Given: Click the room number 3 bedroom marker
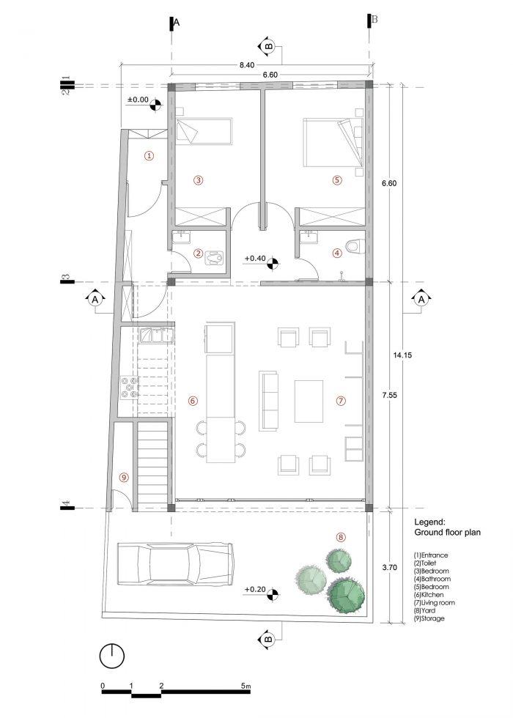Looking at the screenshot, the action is pyautogui.click(x=199, y=180).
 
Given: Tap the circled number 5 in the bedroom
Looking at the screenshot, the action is pyautogui.click(x=337, y=180).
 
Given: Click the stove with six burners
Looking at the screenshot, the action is pyautogui.click(x=129, y=387).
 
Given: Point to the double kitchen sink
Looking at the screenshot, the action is pyautogui.click(x=156, y=336).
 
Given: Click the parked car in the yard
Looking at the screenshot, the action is pyautogui.click(x=176, y=563).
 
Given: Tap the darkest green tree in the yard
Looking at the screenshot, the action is pyautogui.click(x=346, y=595).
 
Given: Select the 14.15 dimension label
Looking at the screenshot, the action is pyautogui.click(x=402, y=355).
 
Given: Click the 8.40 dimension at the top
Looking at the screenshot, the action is pyautogui.click(x=246, y=65).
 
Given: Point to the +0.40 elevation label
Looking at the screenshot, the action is pyautogui.click(x=255, y=258).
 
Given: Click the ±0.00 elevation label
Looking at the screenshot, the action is pyautogui.click(x=138, y=100).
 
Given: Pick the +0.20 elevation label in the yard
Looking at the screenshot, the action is pyautogui.click(x=255, y=589).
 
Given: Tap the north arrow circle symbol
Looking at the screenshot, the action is pyautogui.click(x=111, y=656).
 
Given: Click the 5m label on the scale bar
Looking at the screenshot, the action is pyautogui.click(x=246, y=686).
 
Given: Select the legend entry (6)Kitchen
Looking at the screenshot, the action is pyautogui.click(x=429, y=595).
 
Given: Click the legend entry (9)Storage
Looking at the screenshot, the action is pyautogui.click(x=429, y=618).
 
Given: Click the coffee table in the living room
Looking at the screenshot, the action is pyautogui.click(x=309, y=401).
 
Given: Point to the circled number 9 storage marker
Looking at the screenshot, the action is pyautogui.click(x=123, y=477).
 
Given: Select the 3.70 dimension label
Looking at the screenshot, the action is pyautogui.click(x=389, y=567).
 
